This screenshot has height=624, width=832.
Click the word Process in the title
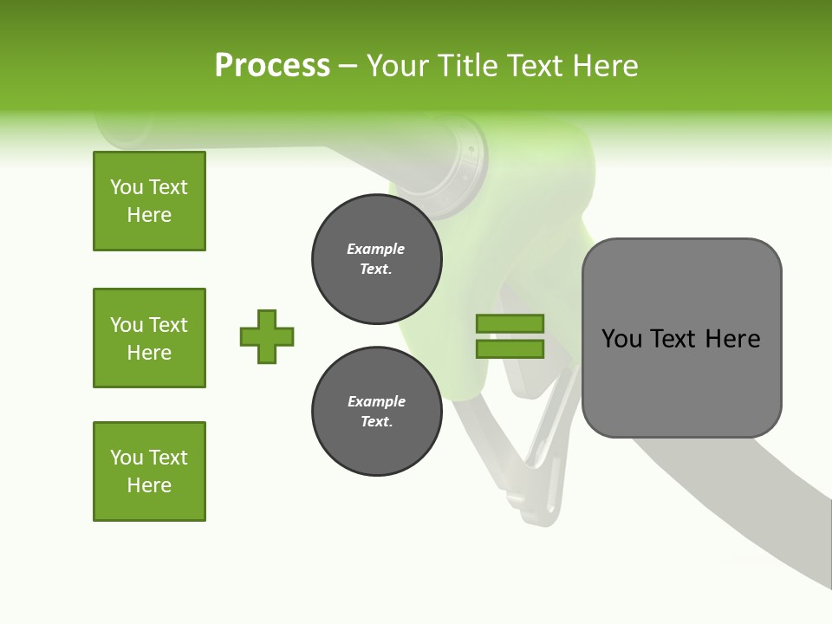272,66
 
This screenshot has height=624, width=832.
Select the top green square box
149,201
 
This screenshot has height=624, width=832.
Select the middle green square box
149,338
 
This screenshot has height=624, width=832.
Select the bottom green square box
149,471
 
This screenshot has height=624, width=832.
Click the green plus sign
267,336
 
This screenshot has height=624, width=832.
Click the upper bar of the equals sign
510,324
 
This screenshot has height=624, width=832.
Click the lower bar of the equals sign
510,348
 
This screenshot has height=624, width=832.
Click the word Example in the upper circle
376,249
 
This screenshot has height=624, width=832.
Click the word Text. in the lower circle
376,421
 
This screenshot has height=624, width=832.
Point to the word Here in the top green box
149,215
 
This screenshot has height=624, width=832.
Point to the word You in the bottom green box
127,458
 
